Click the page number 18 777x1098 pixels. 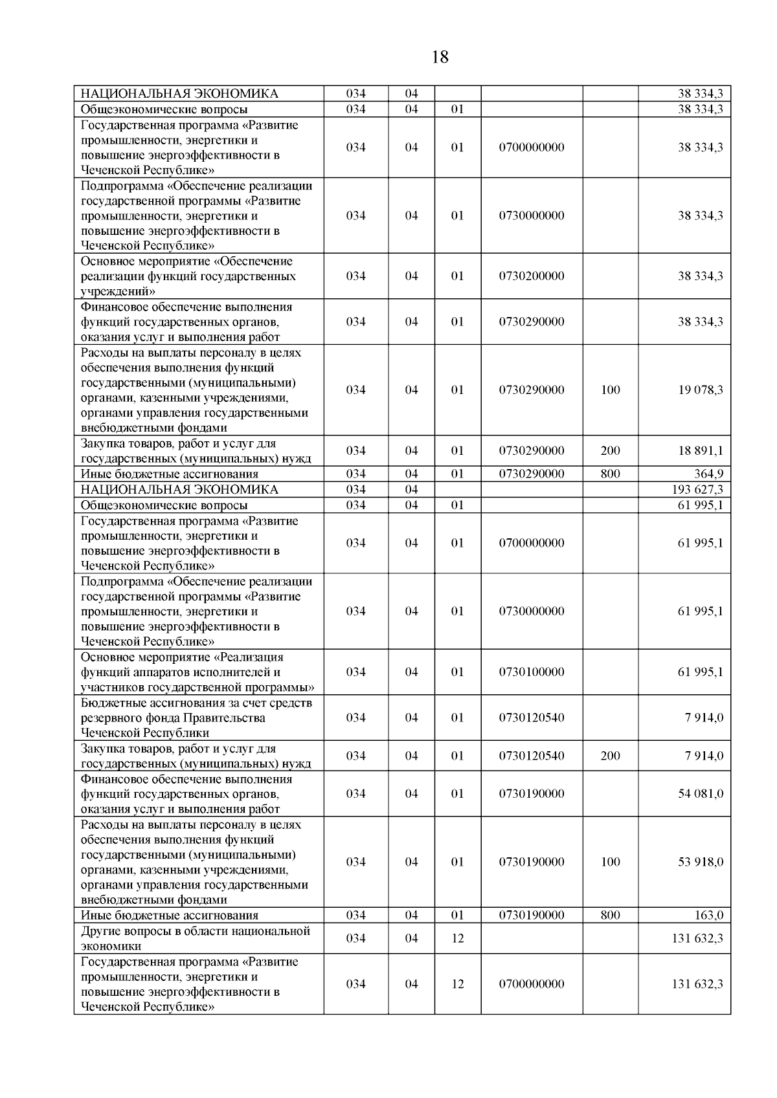439,58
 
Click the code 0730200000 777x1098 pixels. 531,276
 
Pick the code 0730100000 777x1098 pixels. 531,672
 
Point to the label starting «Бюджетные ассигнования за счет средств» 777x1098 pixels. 196,718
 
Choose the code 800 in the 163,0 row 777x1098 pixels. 610,916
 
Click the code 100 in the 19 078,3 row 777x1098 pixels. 610,390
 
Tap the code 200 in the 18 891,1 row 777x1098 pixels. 610,451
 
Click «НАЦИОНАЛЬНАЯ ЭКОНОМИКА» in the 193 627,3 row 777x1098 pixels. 179,490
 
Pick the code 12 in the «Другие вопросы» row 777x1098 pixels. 457,938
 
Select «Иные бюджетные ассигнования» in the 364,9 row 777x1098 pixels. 169,474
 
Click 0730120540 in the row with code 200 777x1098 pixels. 531,756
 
